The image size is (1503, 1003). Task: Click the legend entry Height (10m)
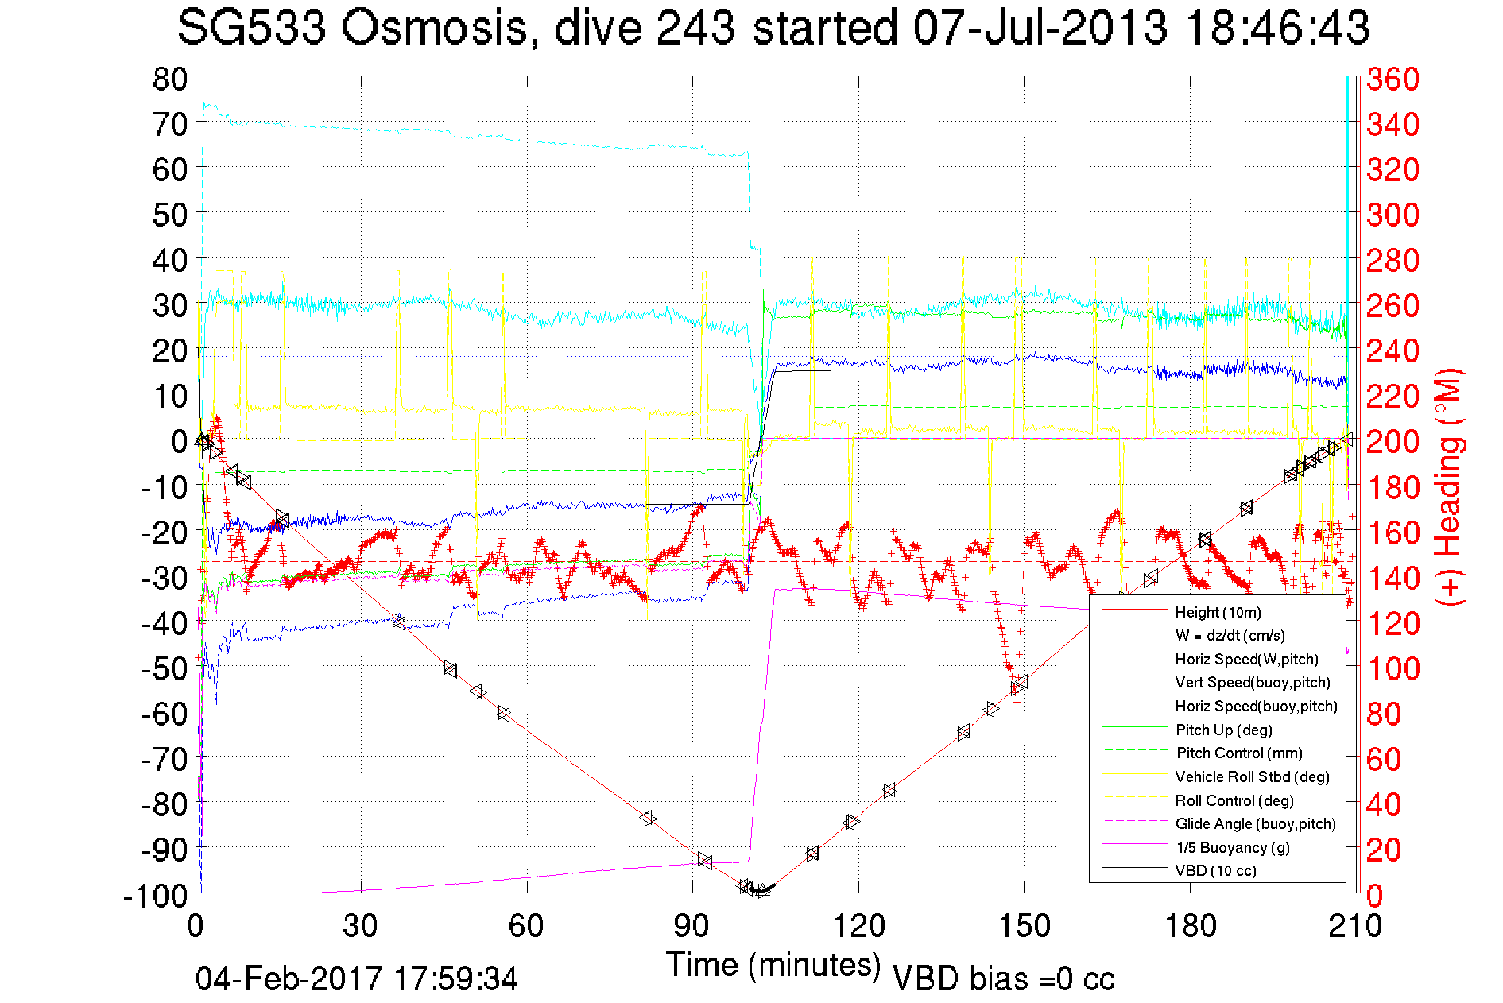(x=1218, y=612)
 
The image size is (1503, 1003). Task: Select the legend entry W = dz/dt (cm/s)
(x=1230, y=636)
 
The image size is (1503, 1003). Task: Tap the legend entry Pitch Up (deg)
(x=1223, y=730)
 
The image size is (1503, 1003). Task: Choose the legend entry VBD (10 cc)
(x=1215, y=871)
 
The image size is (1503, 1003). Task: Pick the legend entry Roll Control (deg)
(x=1234, y=800)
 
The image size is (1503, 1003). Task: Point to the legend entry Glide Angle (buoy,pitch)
(x=1255, y=824)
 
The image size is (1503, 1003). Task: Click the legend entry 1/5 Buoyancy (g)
(x=1233, y=847)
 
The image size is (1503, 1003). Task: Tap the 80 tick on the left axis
(x=170, y=79)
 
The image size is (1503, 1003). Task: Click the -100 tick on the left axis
(x=156, y=896)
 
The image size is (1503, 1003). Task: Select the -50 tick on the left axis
(x=164, y=668)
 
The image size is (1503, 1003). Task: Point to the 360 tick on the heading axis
(x=1393, y=79)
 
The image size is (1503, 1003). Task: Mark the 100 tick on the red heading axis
(x=1393, y=668)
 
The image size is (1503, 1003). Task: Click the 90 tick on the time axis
(x=692, y=925)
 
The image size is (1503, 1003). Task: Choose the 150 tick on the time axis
(x=1024, y=925)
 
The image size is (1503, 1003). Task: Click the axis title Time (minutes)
(x=773, y=964)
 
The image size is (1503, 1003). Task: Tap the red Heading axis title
(x=1450, y=486)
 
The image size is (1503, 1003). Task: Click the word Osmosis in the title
(x=435, y=28)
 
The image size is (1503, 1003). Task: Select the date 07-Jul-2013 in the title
(x=1040, y=28)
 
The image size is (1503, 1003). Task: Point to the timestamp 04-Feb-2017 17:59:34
(x=356, y=978)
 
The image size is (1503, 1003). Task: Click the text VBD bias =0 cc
(x=1003, y=978)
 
